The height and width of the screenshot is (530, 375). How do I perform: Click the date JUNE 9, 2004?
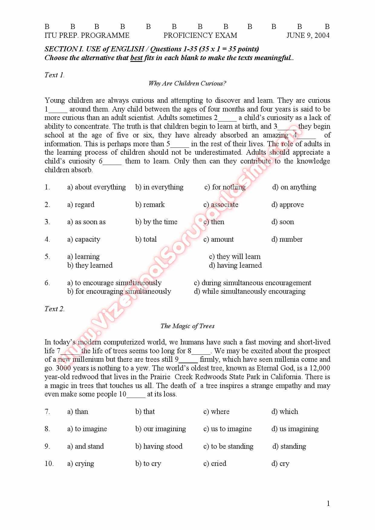[x=308, y=36]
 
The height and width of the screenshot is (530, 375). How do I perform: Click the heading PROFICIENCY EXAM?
[x=200, y=36]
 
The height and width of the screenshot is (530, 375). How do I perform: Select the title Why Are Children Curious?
[x=187, y=83]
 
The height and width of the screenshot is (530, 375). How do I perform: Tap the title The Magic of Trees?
[x=187, y=326]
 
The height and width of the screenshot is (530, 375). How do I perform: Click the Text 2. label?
[x=54, y=309]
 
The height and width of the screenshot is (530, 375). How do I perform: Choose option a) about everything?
[x=96, y=187]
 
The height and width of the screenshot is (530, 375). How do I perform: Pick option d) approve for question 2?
[x=287, y=205]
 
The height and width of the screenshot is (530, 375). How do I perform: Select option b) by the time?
[x=156, y=222]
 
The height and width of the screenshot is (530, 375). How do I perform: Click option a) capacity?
[x=83, y=240]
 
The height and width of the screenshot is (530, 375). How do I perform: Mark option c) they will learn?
[x=235, y=257]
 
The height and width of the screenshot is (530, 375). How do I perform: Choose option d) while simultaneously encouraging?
[x=249, y=292]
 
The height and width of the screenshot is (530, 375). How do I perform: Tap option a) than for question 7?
[x=78, y=412]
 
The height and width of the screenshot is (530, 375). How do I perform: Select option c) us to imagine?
[x=227, y=429]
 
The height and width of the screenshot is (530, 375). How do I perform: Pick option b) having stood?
[x=159, y=447]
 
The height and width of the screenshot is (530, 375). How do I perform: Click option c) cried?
[x=215, y=464]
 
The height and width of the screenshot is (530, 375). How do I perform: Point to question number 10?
[x=49, y=464]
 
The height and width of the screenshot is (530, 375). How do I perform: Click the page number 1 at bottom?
[x=328, y=504]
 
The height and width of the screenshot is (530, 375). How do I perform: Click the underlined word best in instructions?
[x=136, y=58]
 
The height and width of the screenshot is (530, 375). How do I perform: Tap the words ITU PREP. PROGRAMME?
[x=87, y=36]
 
